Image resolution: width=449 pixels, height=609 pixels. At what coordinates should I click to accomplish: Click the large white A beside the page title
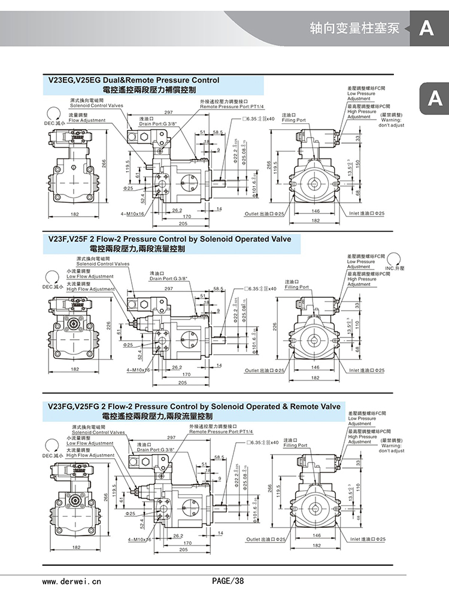tap(426, 28)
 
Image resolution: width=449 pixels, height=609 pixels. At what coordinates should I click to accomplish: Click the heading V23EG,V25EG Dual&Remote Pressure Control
tap(134, 80)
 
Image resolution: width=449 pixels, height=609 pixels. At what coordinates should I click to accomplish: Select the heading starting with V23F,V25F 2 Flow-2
tap(169, 239)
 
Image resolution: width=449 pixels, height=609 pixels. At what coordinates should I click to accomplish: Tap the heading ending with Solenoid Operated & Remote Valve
tap(195, 407)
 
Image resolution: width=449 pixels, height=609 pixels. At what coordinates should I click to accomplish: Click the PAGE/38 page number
tap(228, 581)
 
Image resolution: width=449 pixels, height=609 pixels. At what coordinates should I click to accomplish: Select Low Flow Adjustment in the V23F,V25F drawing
tap(90, 277)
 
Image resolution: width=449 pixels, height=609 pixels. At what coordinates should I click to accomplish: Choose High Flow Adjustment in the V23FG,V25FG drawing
tap(90, 455)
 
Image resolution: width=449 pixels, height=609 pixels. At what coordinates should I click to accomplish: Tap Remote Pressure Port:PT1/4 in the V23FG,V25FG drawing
tap(221, 431)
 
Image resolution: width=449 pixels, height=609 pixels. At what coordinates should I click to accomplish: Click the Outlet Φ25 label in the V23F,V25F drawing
tap(264, 371)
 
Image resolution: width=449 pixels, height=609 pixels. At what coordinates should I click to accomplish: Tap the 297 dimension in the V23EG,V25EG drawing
tap(168, 112)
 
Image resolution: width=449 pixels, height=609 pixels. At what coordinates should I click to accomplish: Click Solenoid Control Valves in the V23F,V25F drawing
tap(102, 264)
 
